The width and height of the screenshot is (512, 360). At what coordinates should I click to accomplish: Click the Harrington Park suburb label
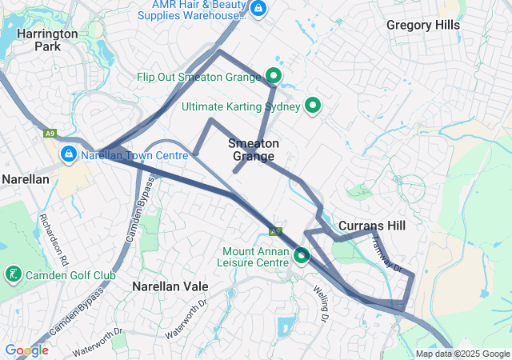[47, 40]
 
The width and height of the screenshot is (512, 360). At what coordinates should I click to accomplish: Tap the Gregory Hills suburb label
[423, 25]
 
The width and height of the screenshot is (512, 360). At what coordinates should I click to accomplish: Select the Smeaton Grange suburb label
[254, 150]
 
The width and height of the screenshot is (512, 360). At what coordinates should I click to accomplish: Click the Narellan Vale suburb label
[170, 286]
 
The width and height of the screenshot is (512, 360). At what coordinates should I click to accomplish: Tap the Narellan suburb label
[25, 179]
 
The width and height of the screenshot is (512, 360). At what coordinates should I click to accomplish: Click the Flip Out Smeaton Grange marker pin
[274, 77]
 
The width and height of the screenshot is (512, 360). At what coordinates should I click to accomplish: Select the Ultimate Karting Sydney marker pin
[314, 106]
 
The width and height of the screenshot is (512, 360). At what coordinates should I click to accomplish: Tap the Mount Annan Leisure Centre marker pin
[302, 256]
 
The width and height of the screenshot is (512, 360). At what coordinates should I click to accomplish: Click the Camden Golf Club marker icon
[13, 275]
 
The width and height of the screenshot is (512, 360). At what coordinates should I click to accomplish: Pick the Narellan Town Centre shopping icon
[70, 154]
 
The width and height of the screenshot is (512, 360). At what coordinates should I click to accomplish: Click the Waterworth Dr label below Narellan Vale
[186, 320]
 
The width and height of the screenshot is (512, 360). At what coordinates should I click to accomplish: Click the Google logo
[26, 350]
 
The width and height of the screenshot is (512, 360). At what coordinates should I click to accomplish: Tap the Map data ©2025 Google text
[462, 354]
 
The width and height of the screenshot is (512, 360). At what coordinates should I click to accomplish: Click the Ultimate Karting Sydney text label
[241, 106]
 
